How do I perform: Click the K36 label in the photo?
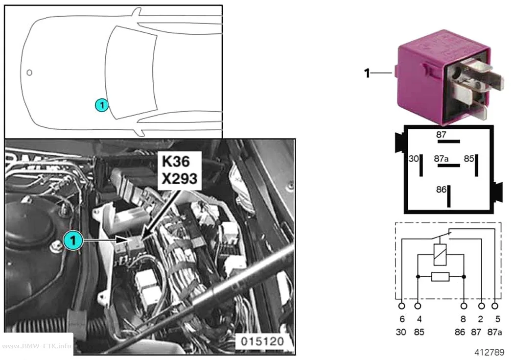point(176,161)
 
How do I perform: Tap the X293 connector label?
point(179,179)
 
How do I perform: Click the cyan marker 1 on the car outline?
point(102,105)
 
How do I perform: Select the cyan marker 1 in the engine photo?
point(73,240)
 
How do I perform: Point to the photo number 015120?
point(262,341)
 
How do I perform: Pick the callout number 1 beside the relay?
point(367,73)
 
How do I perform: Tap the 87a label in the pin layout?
point(441,159)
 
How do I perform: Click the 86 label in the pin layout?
point(441,190)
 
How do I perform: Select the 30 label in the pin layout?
point(414,159)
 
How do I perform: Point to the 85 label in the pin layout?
point(469,159)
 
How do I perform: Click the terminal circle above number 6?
point(401,306)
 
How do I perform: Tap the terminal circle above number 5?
point(495,306)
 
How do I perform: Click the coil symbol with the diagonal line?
point(440,255)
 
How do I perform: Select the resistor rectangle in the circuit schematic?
point(440,277)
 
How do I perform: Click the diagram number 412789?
point(489,352)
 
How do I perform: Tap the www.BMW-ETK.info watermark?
point(36,346)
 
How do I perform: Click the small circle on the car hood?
point(29,72)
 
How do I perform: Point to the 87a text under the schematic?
point(494,332)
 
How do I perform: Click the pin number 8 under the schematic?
point(463,319)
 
